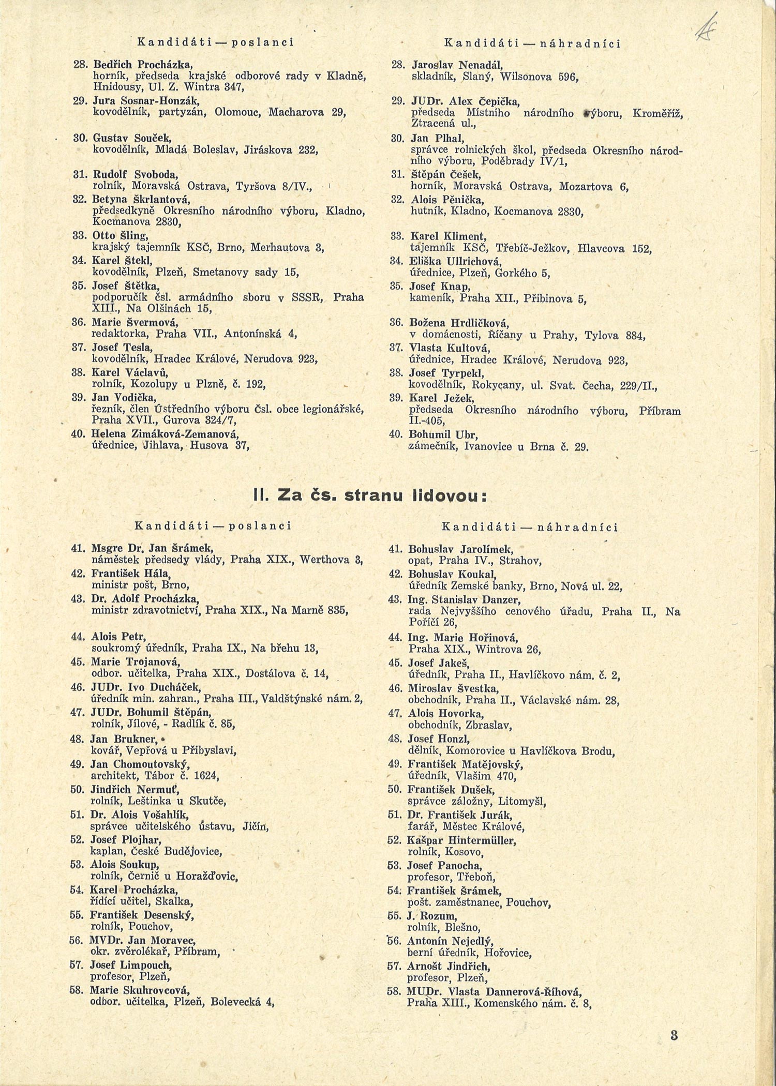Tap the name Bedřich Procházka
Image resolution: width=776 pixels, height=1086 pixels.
click(143, 65)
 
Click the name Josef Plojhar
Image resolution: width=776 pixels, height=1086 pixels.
click(126, 839)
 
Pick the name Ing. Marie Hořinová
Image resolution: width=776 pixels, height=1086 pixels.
click(463, 637)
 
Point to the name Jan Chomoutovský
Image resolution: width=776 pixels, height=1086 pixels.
click(140, 764)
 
